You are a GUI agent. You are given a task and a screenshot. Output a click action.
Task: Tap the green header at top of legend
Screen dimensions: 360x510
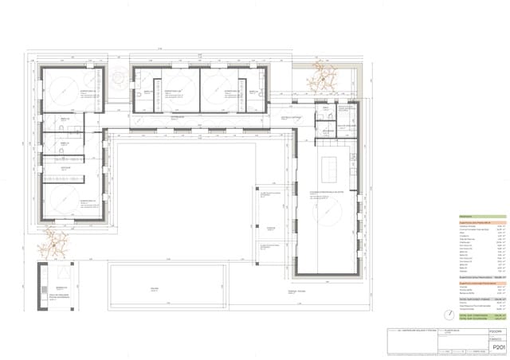pos(482,217)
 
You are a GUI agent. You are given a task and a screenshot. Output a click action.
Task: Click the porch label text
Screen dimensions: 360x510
pos(271,228)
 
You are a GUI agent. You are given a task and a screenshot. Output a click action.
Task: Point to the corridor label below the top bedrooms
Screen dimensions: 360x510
pos(177,119)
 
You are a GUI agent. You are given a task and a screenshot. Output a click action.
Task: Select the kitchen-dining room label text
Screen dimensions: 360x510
pos(327,192)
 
